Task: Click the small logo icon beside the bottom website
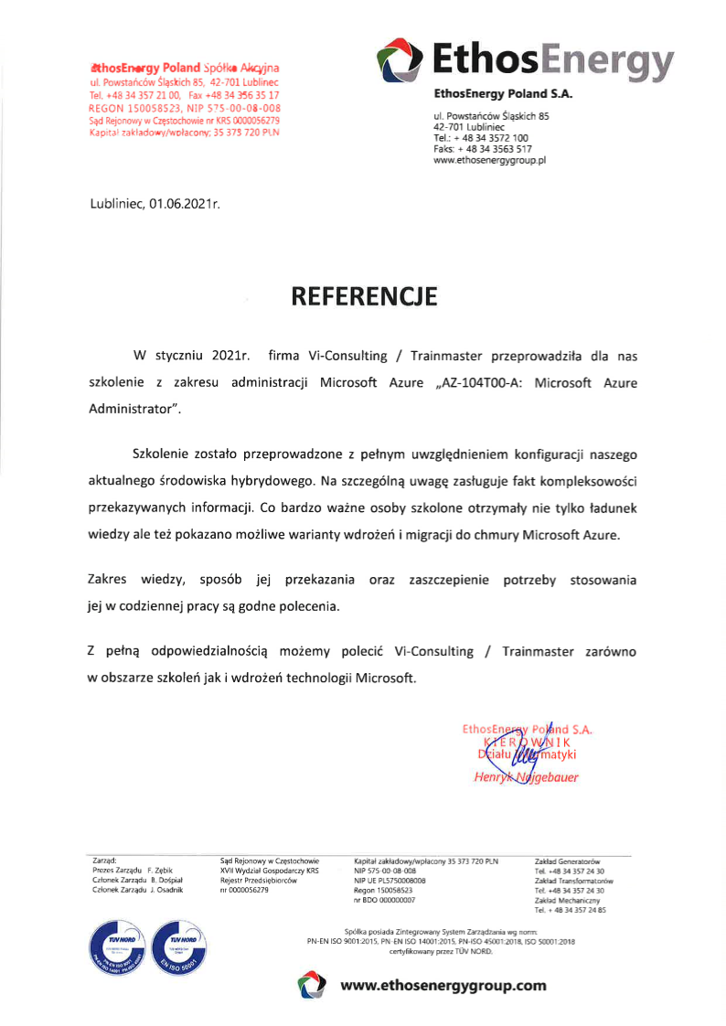point(312,986)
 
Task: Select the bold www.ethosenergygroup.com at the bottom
point(443,986)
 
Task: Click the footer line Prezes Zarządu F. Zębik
point(133,871)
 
